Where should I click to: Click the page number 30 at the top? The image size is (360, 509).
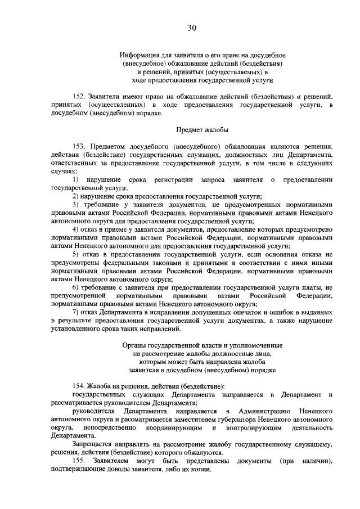point(191,28)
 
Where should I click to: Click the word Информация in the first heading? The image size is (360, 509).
point(139,56)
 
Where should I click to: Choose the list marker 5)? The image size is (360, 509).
point(76,254)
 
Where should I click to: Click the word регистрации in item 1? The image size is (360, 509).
point(172,179)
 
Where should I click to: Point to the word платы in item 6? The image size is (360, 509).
point(311,287)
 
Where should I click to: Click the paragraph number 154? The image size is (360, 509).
point(80,386)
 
